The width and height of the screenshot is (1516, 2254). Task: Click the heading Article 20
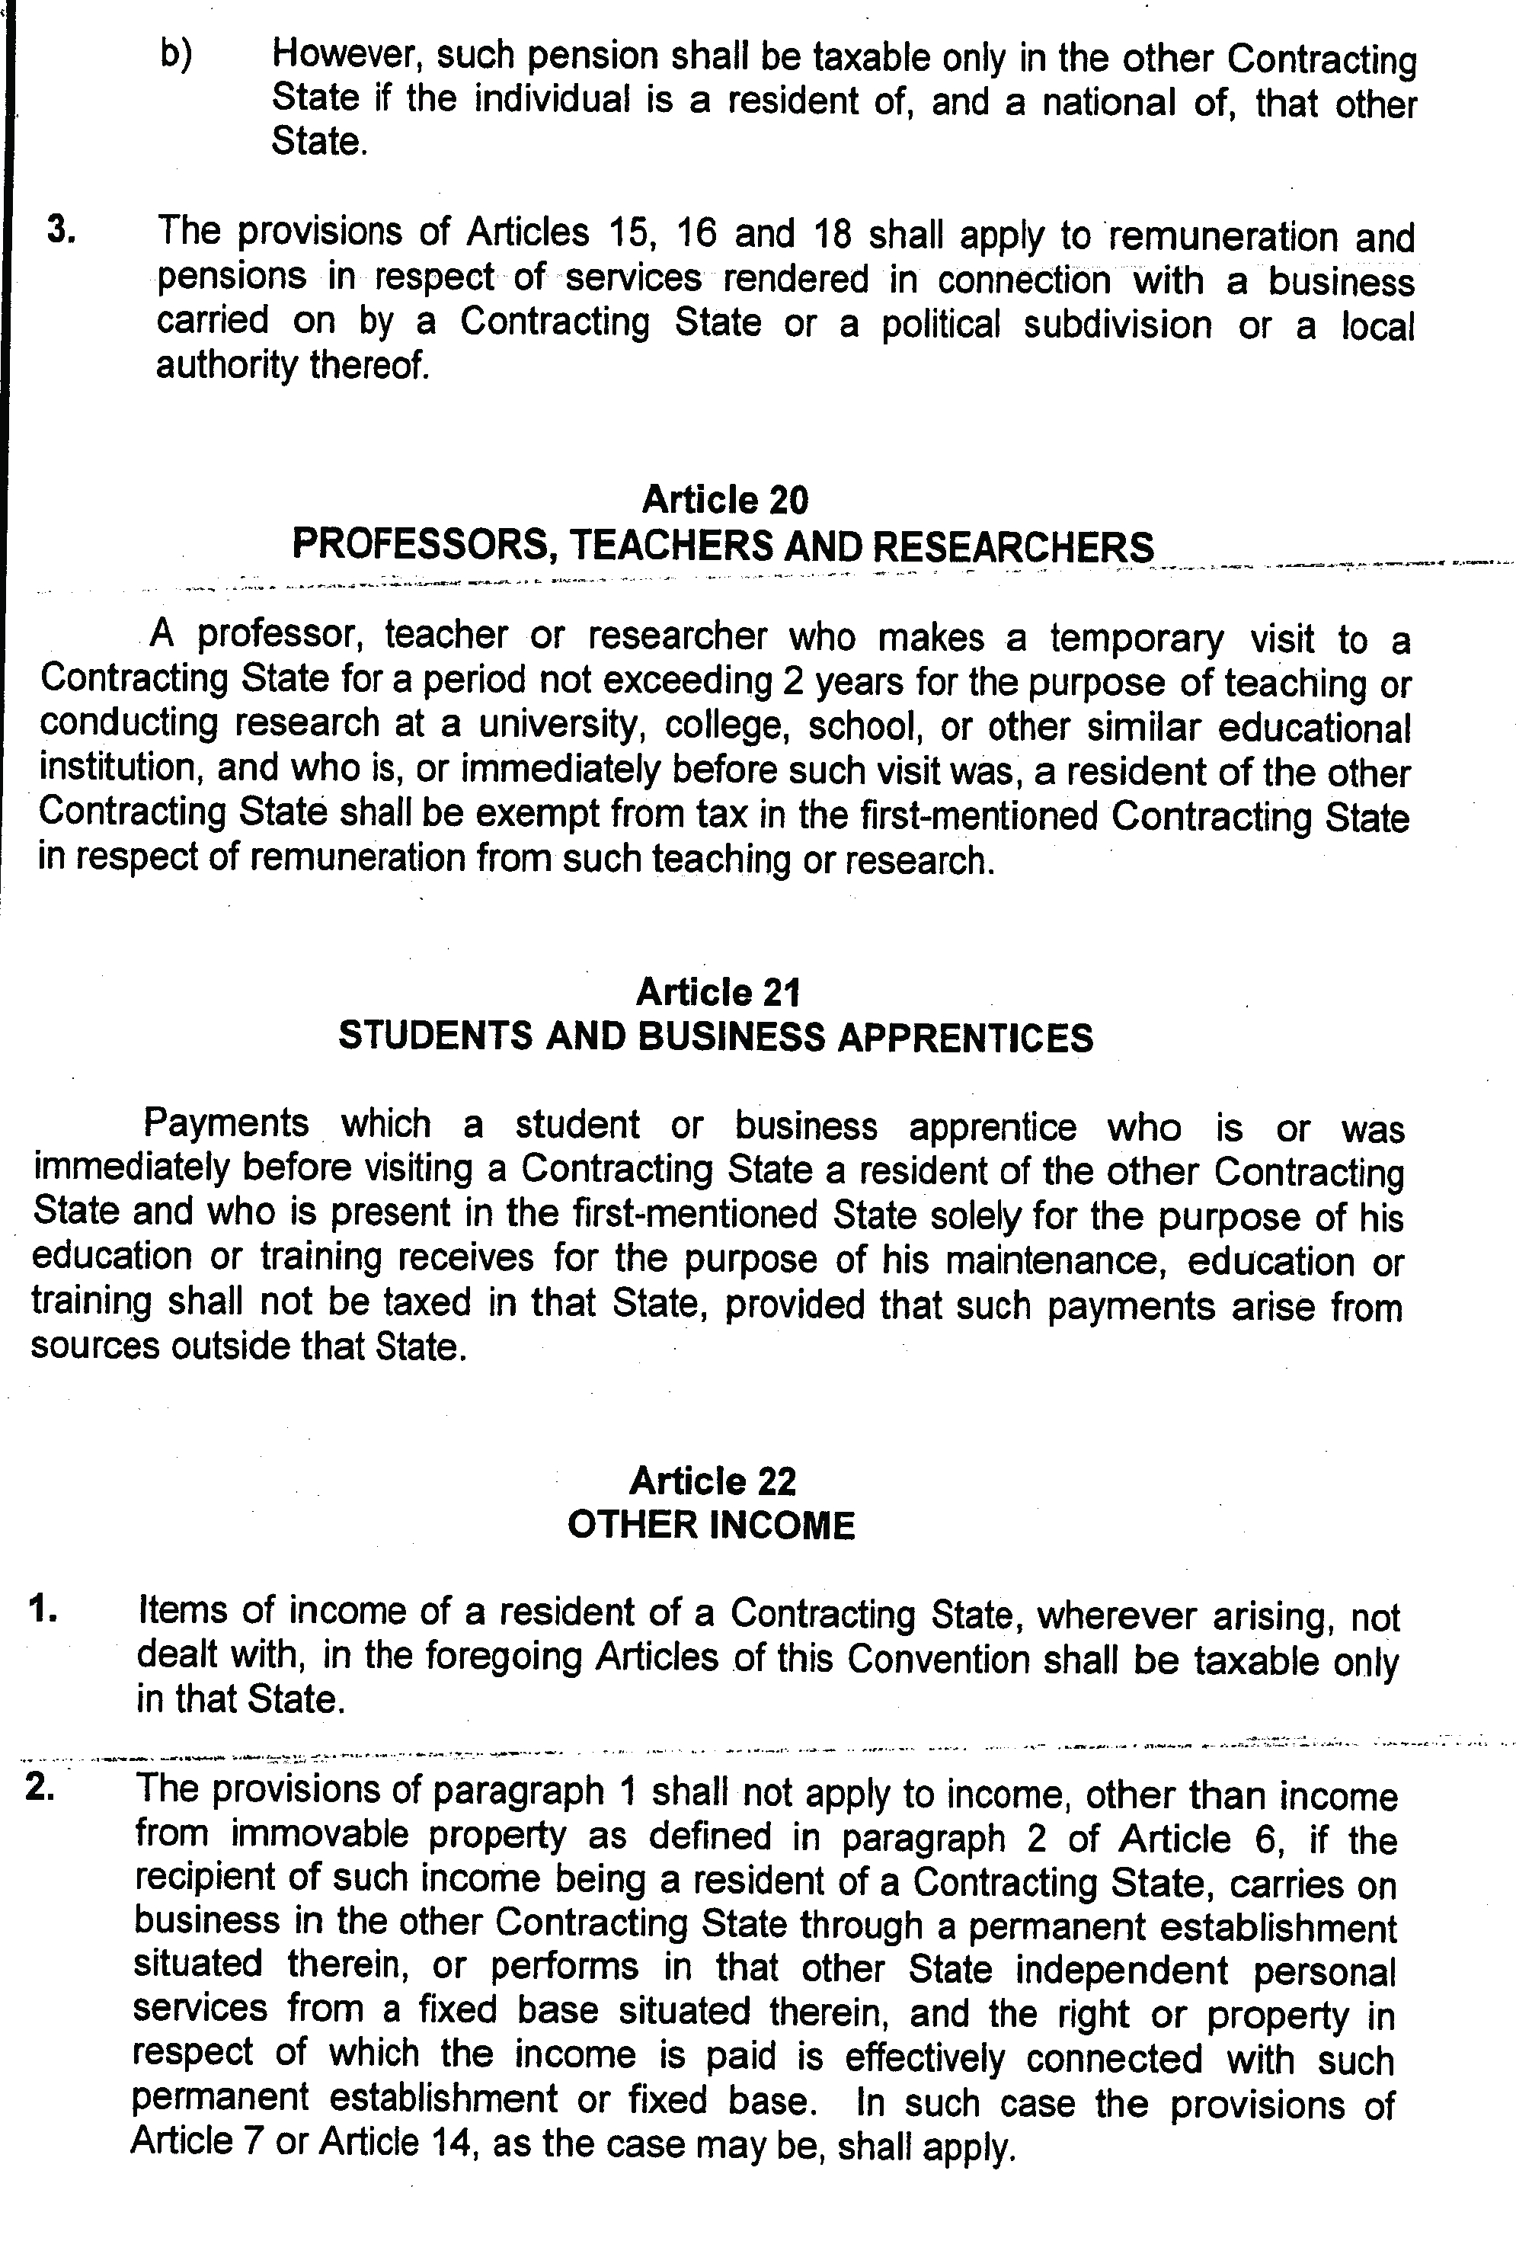[x=725, y=500]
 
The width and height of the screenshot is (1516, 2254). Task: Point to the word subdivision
[x=1118, y=324]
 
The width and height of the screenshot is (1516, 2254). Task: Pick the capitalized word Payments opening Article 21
[x=226, y=1124]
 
